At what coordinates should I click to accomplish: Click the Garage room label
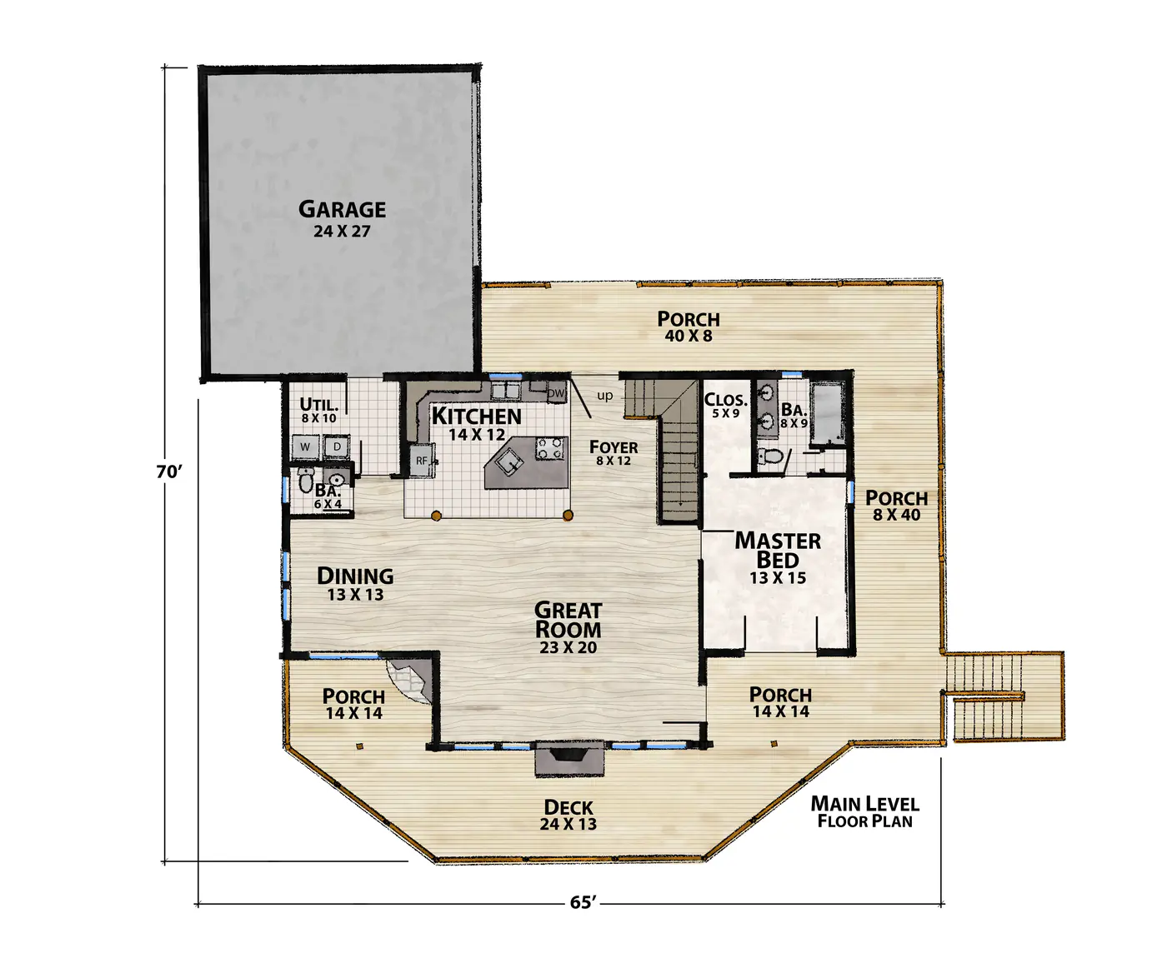coord(342,218)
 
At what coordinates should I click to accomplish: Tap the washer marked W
coord(305,447)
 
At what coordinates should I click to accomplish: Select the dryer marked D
coord(337,447)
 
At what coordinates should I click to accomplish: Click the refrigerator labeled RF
coord(422,460)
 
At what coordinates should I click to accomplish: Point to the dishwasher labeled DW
coord(556,393)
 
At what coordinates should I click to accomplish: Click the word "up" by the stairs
coord(605,396)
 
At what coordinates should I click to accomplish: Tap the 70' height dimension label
coord(168,472)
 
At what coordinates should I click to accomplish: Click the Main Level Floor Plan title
coord(865,812)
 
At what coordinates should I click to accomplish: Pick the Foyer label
coord(614,452)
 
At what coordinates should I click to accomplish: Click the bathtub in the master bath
coord(829,414)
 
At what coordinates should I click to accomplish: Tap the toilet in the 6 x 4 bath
coord(305,481)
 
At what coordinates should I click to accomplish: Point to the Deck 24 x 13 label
coord(568,815)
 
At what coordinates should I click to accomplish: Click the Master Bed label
coord(778,557)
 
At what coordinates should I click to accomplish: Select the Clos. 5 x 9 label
coord(725,406)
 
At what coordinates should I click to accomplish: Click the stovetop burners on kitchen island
coord(551,448)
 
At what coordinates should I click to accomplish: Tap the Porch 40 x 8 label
coord(689,327)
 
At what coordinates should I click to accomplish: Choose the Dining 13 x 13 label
coord(355,583)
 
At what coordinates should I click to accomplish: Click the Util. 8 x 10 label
coord(318,410)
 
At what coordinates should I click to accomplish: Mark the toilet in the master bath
coord(771,457)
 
